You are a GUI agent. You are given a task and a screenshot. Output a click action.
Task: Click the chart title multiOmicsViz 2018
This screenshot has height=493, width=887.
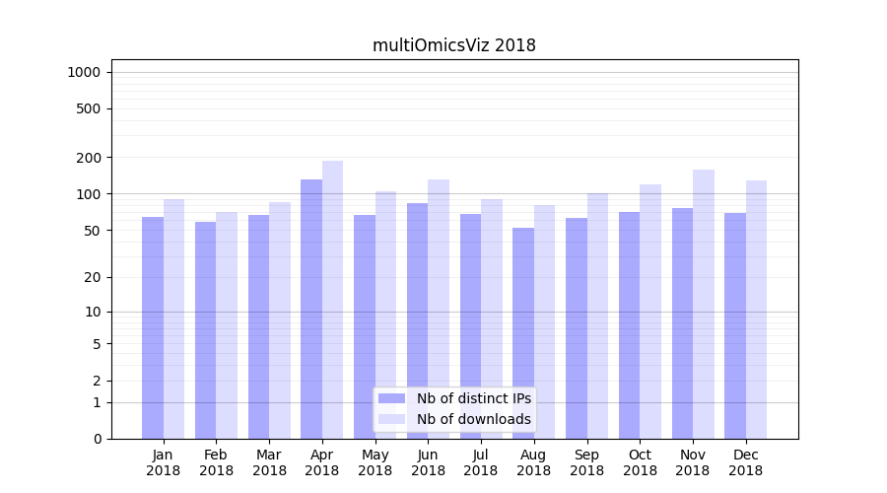[453, 45]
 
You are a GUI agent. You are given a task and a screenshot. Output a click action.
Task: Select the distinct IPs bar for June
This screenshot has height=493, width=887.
[418, 320]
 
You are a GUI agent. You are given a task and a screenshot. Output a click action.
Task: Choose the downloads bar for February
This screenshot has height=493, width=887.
[227, 325]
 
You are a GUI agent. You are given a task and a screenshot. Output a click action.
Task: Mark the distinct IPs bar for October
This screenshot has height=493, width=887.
[630, 325]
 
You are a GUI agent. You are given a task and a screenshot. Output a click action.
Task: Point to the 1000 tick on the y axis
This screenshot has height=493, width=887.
[84, 72]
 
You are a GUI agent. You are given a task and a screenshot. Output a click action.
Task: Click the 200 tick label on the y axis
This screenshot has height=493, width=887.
[90, 158]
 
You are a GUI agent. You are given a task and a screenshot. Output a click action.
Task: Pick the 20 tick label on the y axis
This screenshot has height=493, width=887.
[94, 277]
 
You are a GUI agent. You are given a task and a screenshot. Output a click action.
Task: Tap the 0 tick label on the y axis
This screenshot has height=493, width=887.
[98, 439]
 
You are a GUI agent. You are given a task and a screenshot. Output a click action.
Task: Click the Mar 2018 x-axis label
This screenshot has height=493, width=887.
[269, 462]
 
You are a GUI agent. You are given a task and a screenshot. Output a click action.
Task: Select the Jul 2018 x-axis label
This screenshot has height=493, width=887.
[481, 462]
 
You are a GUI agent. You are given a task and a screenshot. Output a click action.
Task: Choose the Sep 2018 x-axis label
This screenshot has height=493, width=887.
[586, 462]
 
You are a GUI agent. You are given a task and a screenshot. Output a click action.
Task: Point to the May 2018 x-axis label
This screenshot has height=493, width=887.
[375, 462]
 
